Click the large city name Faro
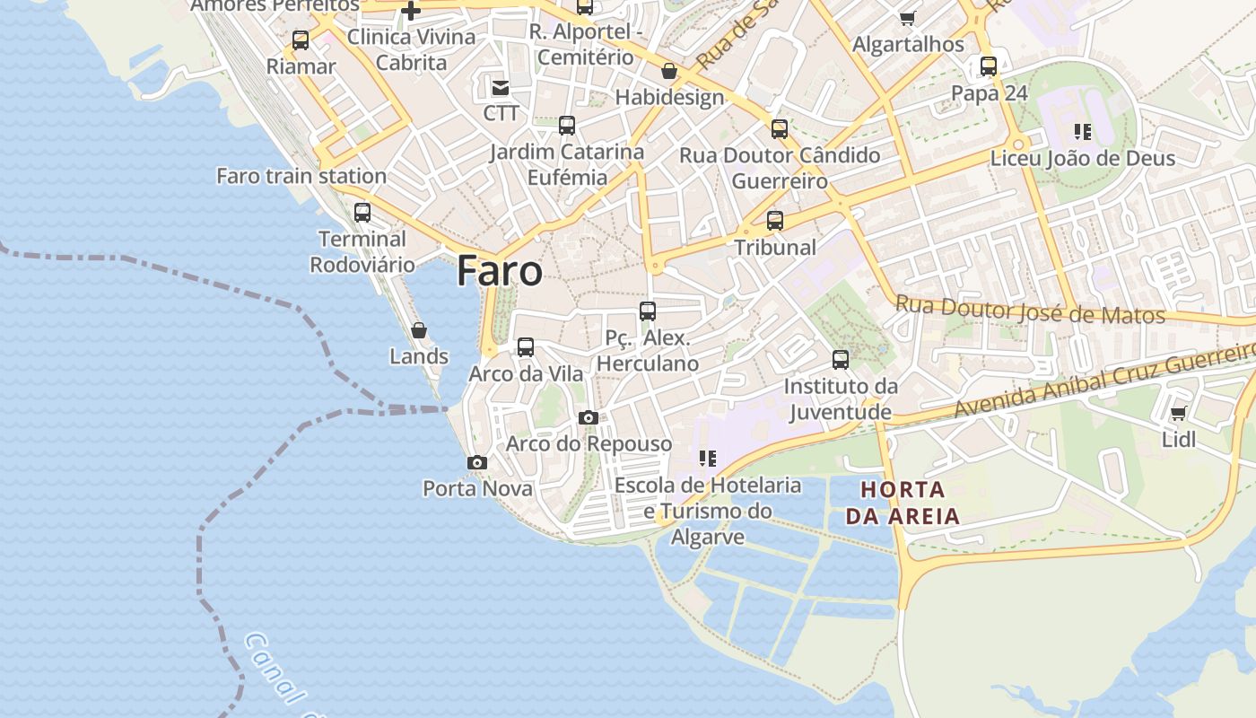pos(500,270)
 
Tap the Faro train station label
pos(301,176)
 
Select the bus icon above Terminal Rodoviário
pos(362,213)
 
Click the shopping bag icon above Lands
pos(418,330)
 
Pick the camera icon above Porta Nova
pos(477,463)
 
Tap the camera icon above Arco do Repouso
pos(589,417)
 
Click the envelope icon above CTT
pos(500,87)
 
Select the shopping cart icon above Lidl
pos(1178,414)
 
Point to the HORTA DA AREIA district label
pos(903,503)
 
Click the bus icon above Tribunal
pos(775,221)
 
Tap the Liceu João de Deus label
pos(1083,159)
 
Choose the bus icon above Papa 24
pos(988,66)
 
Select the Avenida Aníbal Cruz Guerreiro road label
pos(1103,381)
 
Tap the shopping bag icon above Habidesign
pos(669,71)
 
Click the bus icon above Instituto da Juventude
pos(841,360)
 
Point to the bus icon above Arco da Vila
pos(526,347)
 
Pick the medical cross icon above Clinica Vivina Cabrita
pos(411,12)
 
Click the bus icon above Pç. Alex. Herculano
pos(648,311)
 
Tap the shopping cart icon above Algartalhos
pos(908,18)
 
